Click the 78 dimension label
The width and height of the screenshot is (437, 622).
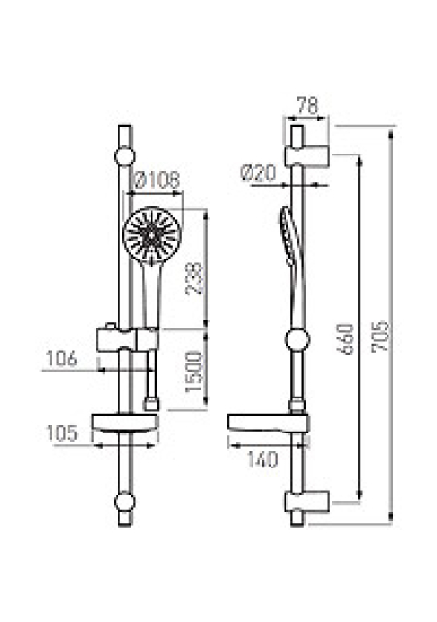point(307,106)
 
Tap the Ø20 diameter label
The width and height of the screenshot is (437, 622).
point(258,173)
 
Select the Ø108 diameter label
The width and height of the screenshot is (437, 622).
point(157,180)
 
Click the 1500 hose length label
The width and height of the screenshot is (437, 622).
point(194,371)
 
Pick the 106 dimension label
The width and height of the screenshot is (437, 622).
point(61,359)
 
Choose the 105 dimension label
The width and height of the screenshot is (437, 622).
point(61,433)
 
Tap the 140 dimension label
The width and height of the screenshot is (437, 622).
point(262,460)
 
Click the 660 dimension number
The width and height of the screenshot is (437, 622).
point(345,338)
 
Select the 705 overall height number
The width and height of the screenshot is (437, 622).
point(380,335)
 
